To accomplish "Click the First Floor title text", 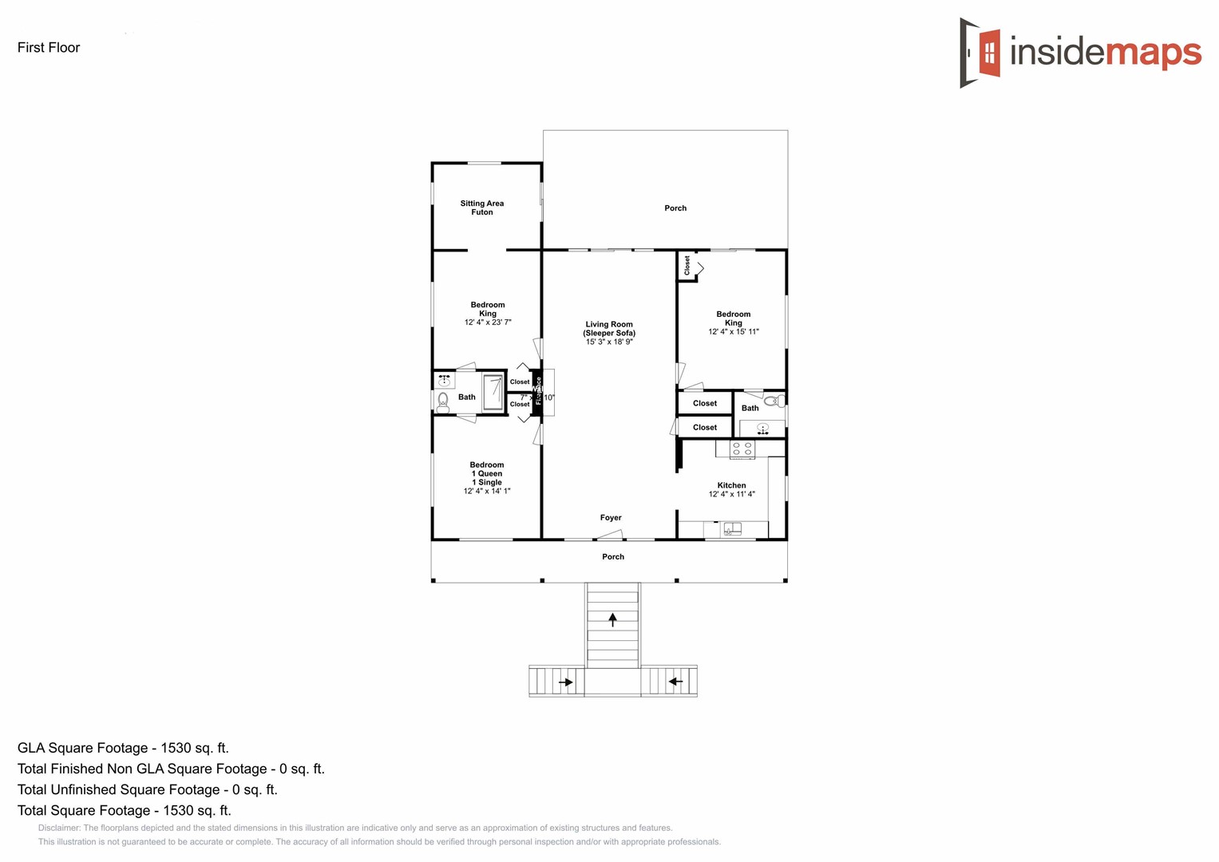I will point(49,48).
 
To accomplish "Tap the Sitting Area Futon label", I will point(482,208).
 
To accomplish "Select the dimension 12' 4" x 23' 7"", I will point(488,322).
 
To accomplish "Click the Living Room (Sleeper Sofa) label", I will point(609,329).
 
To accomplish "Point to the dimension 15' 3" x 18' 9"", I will point(609,342).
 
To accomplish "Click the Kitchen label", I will point(731,485).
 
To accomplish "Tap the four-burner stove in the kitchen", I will point(742,449).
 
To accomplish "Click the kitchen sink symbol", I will point(732,528).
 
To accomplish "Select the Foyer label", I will point(611,518).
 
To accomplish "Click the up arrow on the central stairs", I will point(613,619).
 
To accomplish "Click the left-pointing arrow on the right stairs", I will point(675,682).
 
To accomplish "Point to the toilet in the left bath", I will point(443,402).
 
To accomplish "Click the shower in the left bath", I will point(493,393).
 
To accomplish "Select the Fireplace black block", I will point(537,391).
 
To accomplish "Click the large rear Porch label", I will point(675,208).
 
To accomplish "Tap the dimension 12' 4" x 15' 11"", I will point(734,332).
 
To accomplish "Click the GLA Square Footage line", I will point(123,748).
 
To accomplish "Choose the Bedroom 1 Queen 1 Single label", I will point(487,473).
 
